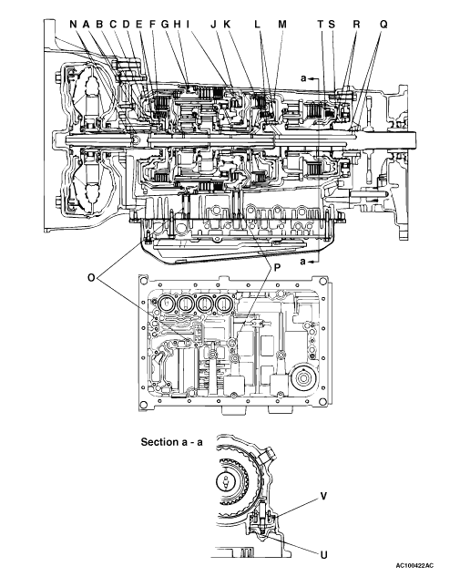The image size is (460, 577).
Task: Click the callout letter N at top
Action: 74,25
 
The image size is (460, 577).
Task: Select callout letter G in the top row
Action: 165,25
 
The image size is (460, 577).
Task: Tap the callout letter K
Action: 227,25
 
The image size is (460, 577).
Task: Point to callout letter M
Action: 282,25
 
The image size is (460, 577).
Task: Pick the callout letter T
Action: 321,25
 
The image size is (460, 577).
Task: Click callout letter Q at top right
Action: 383,25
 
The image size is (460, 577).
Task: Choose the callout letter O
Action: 92,277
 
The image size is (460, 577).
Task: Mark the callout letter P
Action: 277,268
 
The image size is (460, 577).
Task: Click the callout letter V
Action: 323,497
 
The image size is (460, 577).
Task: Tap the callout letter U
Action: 323,554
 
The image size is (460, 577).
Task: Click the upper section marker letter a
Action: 303,78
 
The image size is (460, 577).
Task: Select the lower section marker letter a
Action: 303,262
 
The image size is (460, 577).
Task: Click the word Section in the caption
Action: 158,442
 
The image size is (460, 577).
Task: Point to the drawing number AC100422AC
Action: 414,565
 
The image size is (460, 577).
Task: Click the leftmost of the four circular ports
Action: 166,304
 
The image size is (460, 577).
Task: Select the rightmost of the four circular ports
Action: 224,304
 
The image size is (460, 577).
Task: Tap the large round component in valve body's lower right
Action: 303,379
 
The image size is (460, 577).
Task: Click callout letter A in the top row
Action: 86,25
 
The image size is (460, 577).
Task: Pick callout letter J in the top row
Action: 214,25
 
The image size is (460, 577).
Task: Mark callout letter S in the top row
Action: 332,25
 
